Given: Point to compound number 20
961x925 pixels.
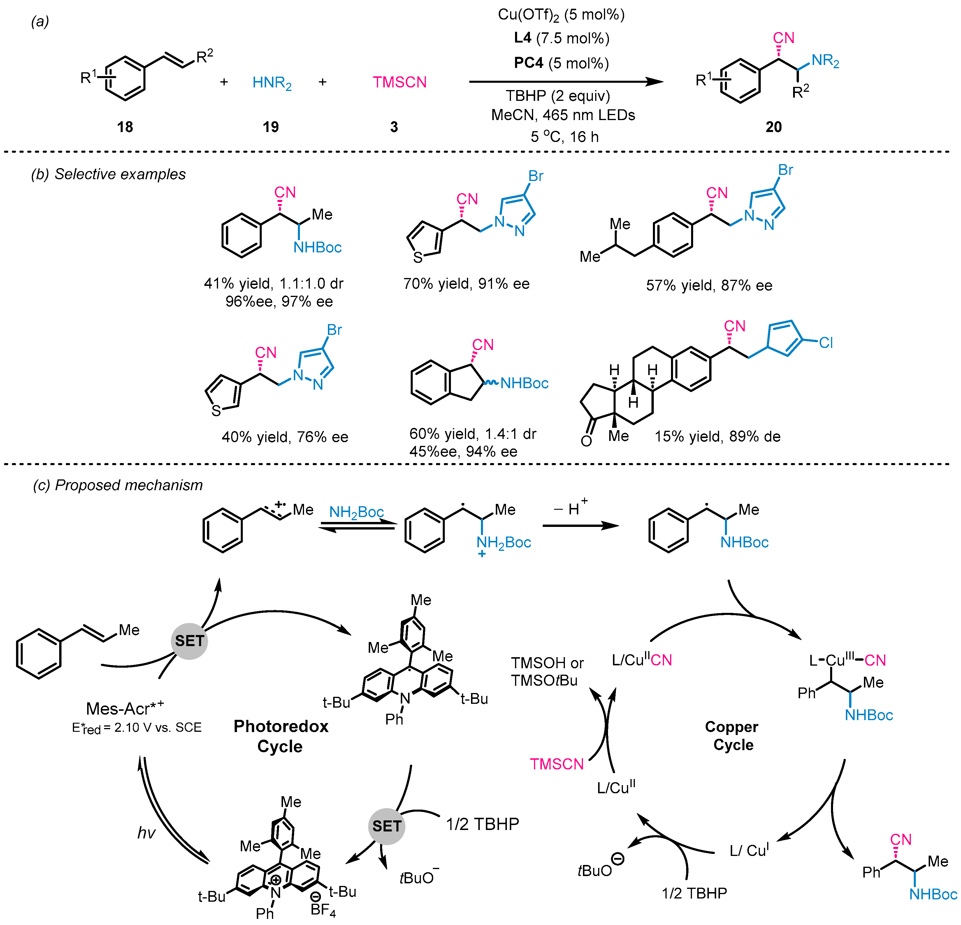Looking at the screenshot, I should [773, 127].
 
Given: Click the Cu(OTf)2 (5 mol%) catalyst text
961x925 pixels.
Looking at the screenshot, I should [561, 15].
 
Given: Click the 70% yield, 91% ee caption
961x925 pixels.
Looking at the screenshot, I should [466, 284].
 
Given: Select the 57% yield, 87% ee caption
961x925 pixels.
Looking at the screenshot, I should [709, 285].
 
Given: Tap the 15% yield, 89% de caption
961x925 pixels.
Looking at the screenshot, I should [717, 436].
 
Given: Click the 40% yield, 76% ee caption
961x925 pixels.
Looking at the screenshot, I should [285, 437].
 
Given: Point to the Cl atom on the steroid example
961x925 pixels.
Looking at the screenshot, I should [826, 343].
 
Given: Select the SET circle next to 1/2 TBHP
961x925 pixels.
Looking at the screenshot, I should [386, 826].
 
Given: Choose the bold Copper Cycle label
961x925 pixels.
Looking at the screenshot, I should [732, 735].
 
